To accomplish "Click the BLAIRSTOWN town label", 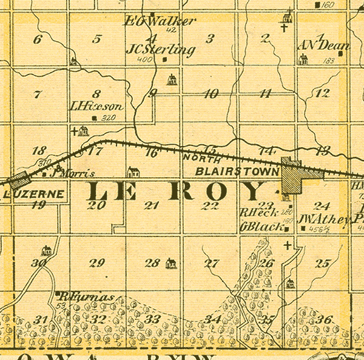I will [x=237, y=172].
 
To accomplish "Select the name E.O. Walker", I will [x=161, y=21].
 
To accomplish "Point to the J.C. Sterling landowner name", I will [x=161, y=50].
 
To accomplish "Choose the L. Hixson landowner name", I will [x=96, y=106].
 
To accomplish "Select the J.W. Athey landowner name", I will [x=325, y=218].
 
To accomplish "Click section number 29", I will [x=96, y=262].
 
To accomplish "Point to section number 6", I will [x=38, y=40].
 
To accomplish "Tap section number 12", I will [x=323, y=93].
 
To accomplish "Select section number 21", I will [x=152, y=205].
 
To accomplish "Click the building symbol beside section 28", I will [x=171, y=263].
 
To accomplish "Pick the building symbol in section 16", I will [x=133, y=172].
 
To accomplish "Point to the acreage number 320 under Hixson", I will [x=109, y=118].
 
